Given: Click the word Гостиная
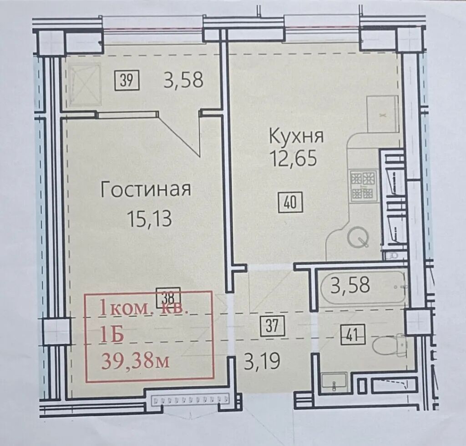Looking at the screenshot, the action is coord(146,190).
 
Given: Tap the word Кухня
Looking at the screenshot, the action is coord(296,136).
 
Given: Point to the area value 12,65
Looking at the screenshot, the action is coord(293,158).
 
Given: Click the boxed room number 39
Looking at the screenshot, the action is coord(127,80).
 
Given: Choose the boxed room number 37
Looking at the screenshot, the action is coord(272,326).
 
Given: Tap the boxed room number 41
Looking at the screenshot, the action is coord(352,336).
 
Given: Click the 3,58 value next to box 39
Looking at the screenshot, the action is coord(183,80).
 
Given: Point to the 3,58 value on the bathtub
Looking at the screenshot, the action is coord(350,285).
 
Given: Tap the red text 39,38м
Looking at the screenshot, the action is coord(136,361).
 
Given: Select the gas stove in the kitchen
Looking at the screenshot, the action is coord(364,185).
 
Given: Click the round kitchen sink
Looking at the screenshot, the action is coord(358,238).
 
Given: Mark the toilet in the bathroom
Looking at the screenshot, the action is coord(388,345).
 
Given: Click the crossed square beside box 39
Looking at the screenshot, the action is coord(84,84).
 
